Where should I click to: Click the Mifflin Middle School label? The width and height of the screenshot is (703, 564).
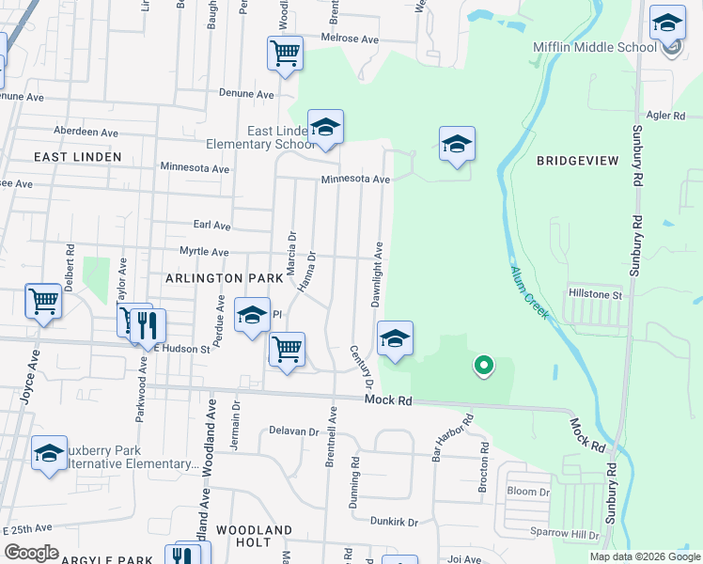coord(594,47)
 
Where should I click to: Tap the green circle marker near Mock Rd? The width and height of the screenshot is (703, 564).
coord(483,365)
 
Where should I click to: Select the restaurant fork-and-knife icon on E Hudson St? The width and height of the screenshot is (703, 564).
coord(148,326)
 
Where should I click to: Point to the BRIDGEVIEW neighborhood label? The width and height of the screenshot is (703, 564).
coord(578,161)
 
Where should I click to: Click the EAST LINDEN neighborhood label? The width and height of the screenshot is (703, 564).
coord(78,156)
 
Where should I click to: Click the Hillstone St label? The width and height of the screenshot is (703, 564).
coord(593,294)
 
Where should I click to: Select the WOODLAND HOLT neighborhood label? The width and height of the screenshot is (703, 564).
coord(255,537)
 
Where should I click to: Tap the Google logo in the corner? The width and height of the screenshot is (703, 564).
coord(31,553)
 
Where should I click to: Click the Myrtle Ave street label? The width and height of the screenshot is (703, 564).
coord(204,252)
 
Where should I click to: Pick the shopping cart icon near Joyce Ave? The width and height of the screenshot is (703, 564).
coord(43,302)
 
